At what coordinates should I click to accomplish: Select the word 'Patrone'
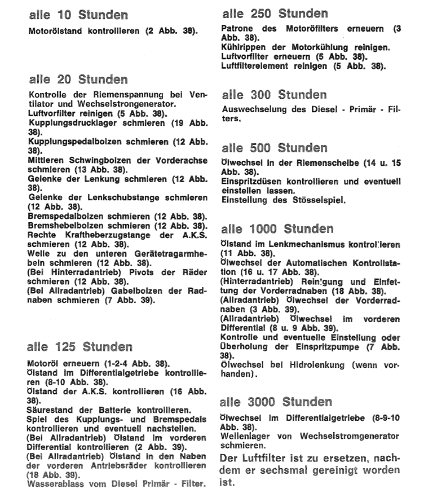[x=237, y=28]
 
